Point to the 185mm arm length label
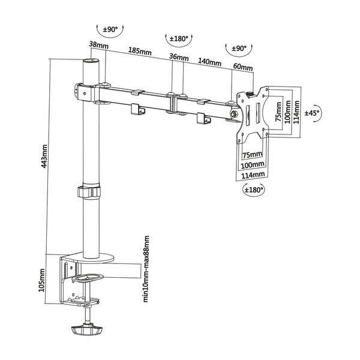tap(140, 52)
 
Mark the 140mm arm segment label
tap(207, 61)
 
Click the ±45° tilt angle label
tap(313, 112)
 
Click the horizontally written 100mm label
tap(253, 164)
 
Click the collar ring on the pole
tap(89, 193)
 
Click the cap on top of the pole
tap(89, 62)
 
